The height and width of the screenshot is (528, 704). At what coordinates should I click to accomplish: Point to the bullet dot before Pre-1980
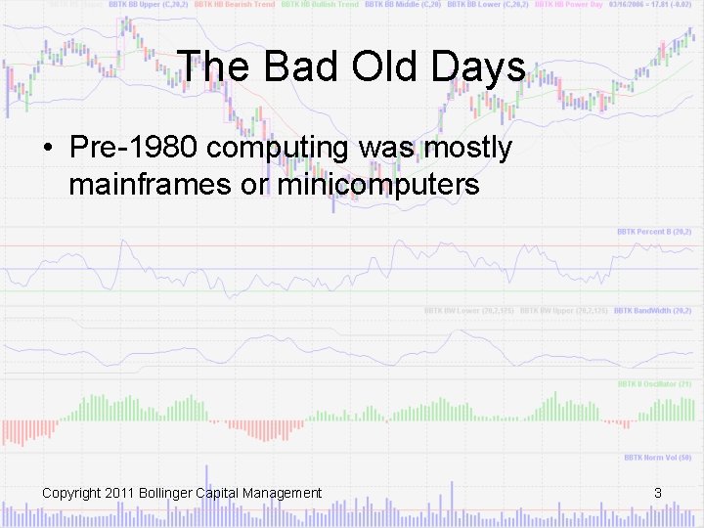(x=48, y=150)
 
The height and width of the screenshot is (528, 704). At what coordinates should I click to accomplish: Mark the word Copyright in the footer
(x=71, y=493)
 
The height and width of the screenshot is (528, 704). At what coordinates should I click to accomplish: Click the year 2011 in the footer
(x=120, y=493)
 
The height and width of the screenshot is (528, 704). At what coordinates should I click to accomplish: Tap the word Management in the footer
(x=284, y=493)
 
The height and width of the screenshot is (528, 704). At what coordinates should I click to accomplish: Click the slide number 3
(x=658, y=493)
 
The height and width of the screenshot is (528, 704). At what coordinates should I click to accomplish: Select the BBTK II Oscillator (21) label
(x=654, y=384)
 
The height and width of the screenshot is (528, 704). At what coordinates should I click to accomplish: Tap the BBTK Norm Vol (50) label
(x=657, y=458)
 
